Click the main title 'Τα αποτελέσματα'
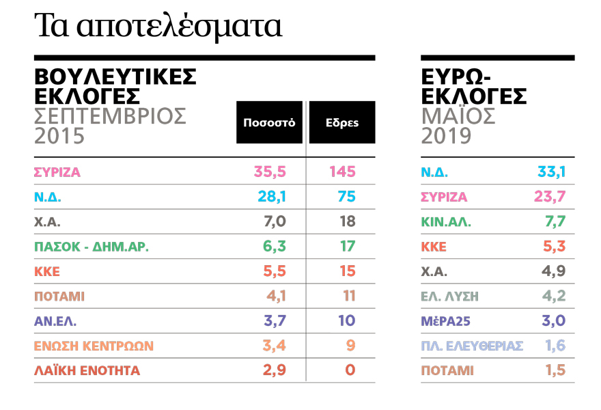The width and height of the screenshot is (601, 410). point(158,25)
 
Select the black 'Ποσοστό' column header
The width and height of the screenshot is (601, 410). point(269,123)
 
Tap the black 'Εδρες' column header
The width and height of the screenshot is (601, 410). point(341,123)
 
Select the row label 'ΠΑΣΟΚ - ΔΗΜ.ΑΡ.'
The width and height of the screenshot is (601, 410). point(92,247)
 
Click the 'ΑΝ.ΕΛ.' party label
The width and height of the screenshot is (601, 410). point(57,321)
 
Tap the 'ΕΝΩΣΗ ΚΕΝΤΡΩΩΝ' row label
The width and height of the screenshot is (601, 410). point(94,346)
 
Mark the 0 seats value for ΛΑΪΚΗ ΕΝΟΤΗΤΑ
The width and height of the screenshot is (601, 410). point(349,371)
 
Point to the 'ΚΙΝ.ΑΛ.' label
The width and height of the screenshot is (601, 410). point(446,222)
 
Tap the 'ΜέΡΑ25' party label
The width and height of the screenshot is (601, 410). point(445,321)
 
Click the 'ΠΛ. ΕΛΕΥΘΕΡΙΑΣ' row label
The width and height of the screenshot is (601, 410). point(472,346)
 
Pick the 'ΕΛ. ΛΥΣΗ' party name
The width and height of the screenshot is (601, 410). point(449,296)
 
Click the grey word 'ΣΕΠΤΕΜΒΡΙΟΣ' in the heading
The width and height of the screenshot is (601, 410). point(110,115)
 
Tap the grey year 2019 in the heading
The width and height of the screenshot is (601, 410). point(446,136)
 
